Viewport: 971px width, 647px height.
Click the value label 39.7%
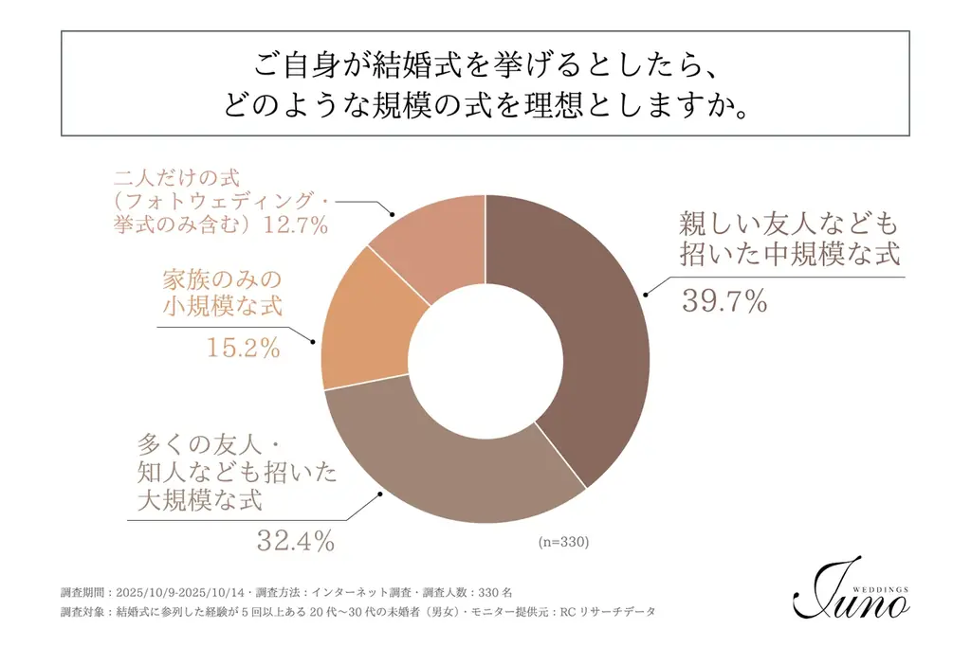(724, 301)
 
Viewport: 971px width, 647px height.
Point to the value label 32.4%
(296, 541)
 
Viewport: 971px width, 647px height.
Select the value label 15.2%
(244, 348)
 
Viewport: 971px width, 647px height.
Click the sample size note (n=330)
(563, 543)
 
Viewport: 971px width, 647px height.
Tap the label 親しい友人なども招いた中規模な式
(787, 240)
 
